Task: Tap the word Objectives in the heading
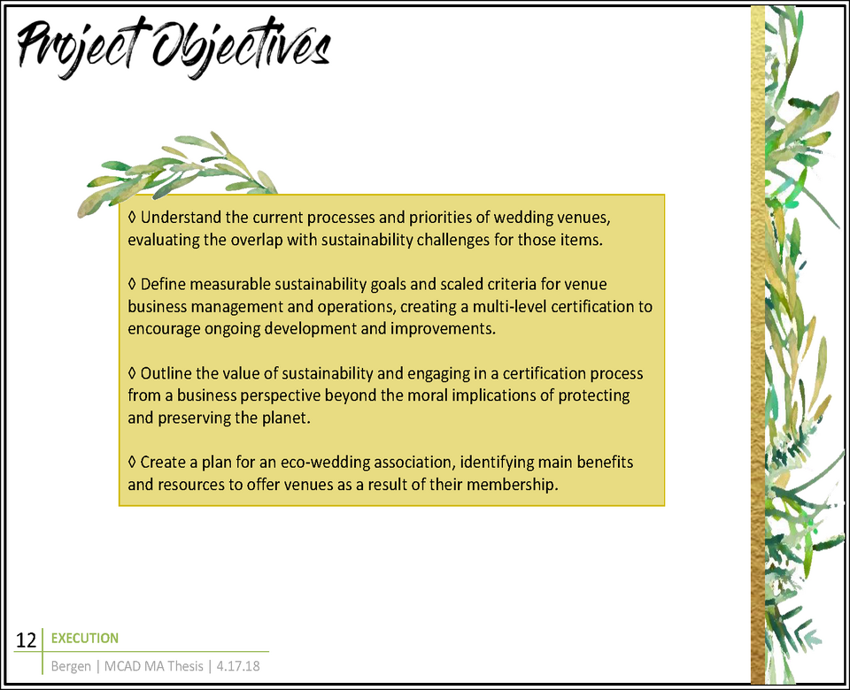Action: point(241,48)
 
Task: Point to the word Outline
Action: point(166,373)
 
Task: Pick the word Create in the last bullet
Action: point(163,463)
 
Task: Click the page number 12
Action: point(26,640)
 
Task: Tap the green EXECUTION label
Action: point(85,639)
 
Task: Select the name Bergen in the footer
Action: point(71,666)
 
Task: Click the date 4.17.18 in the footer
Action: point(238,666)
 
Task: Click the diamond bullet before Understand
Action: point(132,218)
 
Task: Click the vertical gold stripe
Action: point(758,345)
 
